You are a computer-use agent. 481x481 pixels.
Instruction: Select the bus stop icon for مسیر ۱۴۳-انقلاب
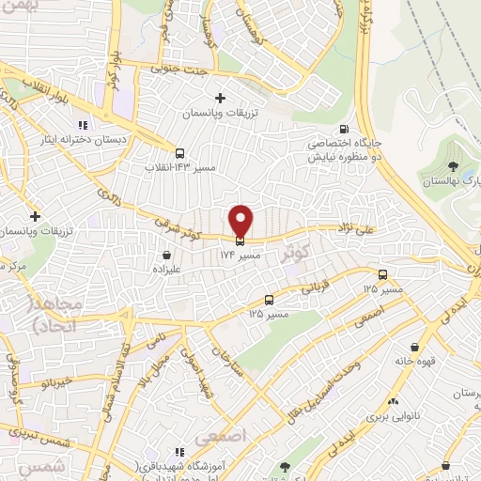[178, 153]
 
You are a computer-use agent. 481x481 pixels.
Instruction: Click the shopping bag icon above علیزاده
[167, 254]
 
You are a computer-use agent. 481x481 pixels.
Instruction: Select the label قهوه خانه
[415, 360]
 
